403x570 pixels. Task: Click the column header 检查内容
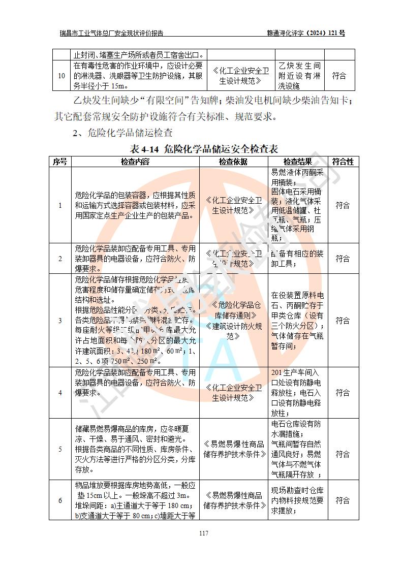[135, 162]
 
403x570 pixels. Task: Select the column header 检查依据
[233, 162]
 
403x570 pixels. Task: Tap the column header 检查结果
[298, 162]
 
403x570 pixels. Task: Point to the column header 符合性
[343, 162]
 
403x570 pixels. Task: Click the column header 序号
[60, 162]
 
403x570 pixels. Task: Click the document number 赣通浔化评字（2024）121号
[306, 34]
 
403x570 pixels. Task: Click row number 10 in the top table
[61, 76]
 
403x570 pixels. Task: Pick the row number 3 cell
[60, 321]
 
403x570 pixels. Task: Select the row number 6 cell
[60, 500]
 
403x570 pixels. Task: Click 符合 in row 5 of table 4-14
[343, 449]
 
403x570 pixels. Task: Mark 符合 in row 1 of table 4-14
[343, 205]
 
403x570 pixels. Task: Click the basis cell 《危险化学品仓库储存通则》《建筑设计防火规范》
[233, 321]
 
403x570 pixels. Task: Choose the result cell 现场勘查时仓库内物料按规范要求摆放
[297, 500]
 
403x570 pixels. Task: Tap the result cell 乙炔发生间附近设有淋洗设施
[299, 76]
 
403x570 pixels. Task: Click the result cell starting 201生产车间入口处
[297, 393]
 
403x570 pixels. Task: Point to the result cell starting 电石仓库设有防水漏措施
[297, 449]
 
